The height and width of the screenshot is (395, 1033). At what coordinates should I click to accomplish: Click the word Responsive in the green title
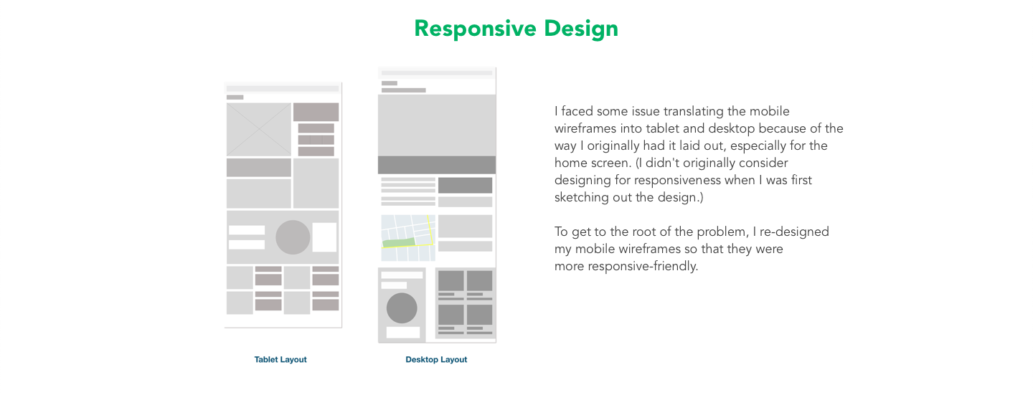475,29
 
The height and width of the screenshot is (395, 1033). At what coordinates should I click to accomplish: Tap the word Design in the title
581,29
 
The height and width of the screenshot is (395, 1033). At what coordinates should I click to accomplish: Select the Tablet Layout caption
280,359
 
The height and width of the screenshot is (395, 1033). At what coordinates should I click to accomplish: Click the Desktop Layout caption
436,359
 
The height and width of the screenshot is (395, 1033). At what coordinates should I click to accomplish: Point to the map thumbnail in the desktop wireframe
408,238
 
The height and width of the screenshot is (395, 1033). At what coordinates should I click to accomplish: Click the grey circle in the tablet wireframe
293,237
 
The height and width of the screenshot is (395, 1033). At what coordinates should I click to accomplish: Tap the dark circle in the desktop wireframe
402,308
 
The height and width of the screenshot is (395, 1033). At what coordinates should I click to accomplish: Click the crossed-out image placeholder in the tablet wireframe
259,130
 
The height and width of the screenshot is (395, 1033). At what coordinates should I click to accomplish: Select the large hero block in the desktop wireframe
437,125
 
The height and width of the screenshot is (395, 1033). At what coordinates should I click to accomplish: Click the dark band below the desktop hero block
437,165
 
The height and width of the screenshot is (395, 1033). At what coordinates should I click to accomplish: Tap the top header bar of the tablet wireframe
283,88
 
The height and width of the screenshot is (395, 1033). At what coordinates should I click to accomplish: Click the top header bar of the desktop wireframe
437,73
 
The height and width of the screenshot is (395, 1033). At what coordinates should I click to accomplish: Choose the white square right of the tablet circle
325,237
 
